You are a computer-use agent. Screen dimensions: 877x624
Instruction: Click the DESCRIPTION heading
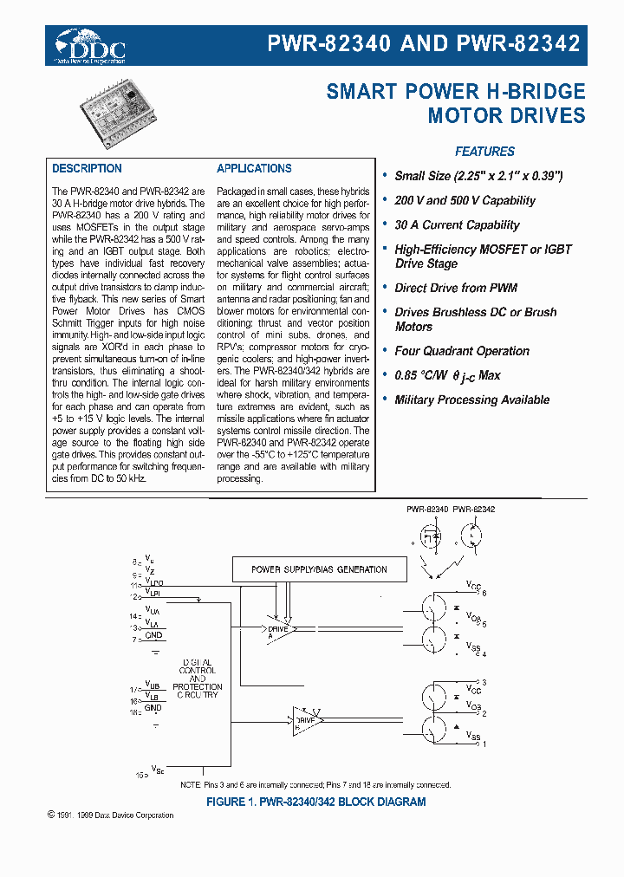point(87,169)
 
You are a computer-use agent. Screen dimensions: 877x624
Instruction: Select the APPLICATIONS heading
point(254,169)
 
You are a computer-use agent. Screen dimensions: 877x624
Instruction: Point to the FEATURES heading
point(484,152)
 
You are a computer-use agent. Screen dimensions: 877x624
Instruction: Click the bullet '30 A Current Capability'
point(457,225)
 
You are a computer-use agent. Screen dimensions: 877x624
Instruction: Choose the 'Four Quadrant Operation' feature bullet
point(461,351)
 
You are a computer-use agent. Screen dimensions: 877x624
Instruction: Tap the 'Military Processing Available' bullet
point(471,400)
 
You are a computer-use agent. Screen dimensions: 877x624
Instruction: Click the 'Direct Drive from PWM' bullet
point(456,288)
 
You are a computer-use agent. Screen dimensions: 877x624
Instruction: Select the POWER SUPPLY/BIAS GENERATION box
point(319,569)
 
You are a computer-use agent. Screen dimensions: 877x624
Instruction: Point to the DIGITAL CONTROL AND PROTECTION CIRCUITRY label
point(198,678)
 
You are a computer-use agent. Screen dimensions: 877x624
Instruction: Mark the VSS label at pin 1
point(474,737)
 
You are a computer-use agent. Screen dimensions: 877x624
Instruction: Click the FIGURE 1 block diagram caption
point(315,802)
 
